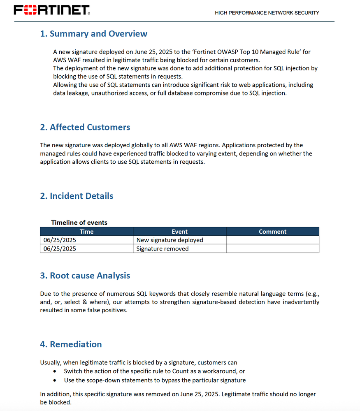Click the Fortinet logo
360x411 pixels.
tap(52, 10)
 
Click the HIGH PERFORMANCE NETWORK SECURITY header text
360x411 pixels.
tap(267, 13)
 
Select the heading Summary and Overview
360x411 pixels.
tap(93, 34)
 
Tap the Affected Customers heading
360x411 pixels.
tap(85, 128)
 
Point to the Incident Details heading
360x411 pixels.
tap(77, 196)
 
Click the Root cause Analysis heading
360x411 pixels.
tap(85, 276)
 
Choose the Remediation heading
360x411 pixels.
tap(71, 344)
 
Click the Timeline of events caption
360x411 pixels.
tap(79, 223)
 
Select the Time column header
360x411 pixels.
tap(86, 232)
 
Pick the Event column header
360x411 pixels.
tap(179, 232)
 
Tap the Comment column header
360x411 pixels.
tap(272, 232)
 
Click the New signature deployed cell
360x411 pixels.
tap(170, 240)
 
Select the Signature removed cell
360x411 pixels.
tap(162, 248)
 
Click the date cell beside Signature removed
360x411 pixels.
tap(60, 248)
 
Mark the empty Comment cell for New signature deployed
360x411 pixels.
tap(272, 240)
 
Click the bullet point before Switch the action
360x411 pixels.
tap(56, 372)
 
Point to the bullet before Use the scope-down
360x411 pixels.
tap(56, 381)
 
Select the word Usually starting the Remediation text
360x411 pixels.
tap(51, 362)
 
